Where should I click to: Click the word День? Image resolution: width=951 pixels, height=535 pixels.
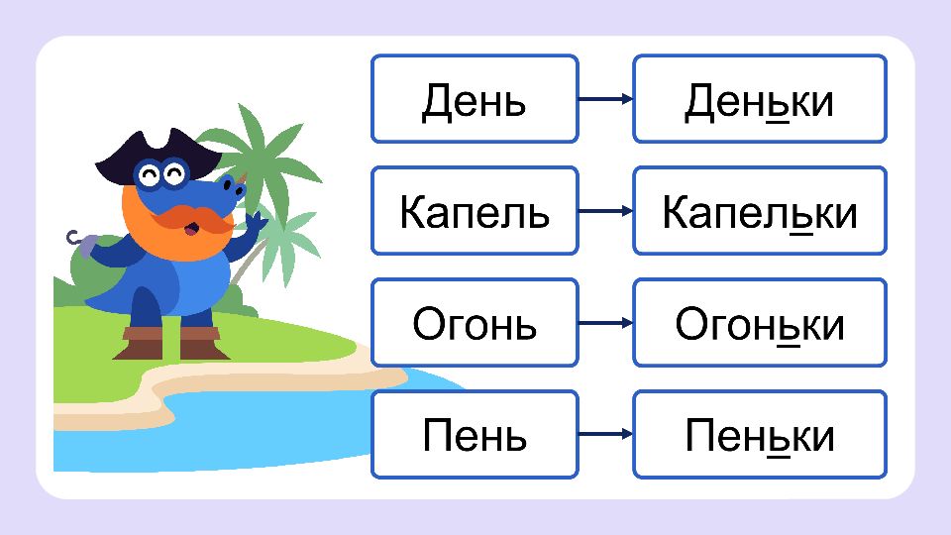(474, 101)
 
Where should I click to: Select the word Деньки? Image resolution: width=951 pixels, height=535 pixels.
(760, 101)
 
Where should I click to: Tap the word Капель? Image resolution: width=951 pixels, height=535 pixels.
(475, 212)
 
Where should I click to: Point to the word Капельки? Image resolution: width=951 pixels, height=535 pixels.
(760, 212)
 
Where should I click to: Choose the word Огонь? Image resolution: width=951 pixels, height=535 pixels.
(475, 324)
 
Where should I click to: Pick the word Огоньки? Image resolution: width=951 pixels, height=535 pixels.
(760, 324)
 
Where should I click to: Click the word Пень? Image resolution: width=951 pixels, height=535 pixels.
(475, 436)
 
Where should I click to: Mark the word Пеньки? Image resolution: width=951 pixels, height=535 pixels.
(760, 436)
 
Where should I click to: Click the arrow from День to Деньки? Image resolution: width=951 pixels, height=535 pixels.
(605, 99)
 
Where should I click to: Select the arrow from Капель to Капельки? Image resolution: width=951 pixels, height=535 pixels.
(605, 211)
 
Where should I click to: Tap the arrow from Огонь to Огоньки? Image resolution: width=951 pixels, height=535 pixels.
(605, 323)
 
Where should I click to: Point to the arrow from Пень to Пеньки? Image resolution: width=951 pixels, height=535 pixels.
(605, 434)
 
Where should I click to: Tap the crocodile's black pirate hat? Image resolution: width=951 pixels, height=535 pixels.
(158, 155)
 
